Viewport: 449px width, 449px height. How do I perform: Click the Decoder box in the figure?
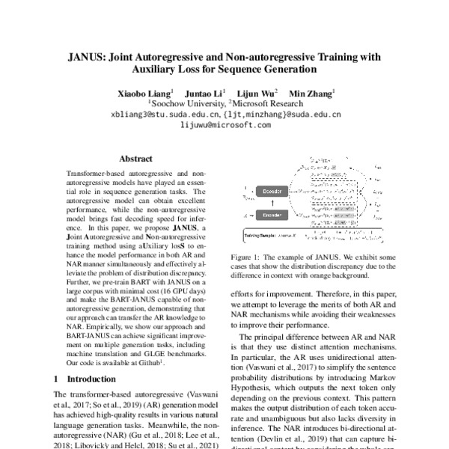(274, 191)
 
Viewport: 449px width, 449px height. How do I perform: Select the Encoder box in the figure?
(274, 215)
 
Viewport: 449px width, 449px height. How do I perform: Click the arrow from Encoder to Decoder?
(274, 203)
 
